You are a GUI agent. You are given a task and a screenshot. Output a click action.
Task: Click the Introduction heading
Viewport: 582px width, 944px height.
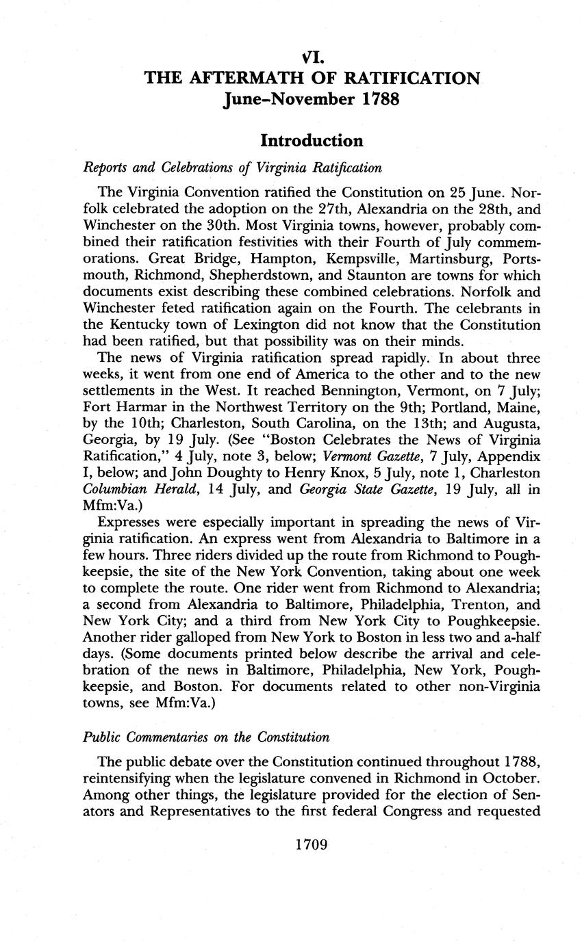click(x=312, y=141)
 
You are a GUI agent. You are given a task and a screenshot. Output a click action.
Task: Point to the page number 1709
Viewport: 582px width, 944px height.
click(x=312, y=844)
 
